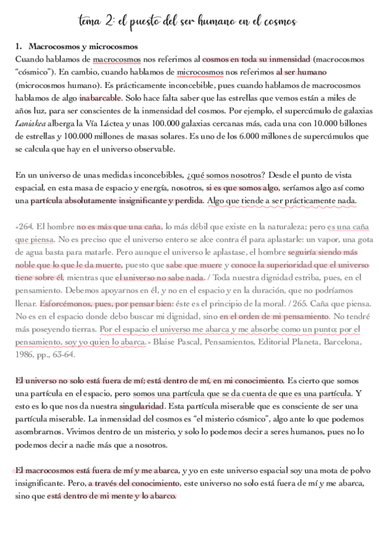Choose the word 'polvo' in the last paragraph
[356, 471]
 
